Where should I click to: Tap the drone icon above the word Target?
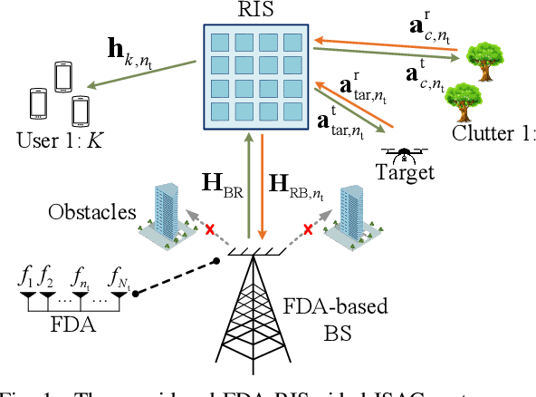(403, 153)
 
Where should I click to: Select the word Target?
(405, 173)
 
